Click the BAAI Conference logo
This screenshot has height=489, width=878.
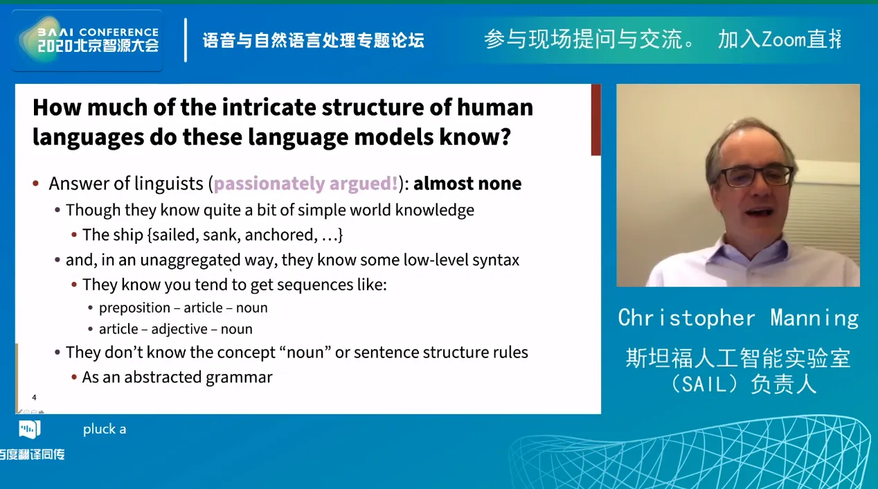pos(88,40)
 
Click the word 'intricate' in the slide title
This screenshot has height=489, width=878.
pos(269,107)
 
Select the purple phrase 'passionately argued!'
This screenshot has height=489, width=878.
pos(306,184)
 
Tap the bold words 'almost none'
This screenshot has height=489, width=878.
pos(467,184)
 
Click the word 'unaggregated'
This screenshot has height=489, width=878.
pos(190,260)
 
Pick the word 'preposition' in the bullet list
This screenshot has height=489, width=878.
pos(134,308)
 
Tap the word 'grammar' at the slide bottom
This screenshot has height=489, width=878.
pos(239,377)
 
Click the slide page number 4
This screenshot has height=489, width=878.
pos(34,398)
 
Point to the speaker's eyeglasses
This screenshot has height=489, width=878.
pos(755,176)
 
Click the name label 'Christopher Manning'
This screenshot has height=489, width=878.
pos(738,318)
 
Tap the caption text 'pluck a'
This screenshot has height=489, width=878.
pos(105,429)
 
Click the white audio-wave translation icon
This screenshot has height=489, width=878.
pos(29,429)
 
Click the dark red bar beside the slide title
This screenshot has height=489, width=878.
pos(595,120)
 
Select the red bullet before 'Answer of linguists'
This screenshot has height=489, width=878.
pos(36,183)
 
